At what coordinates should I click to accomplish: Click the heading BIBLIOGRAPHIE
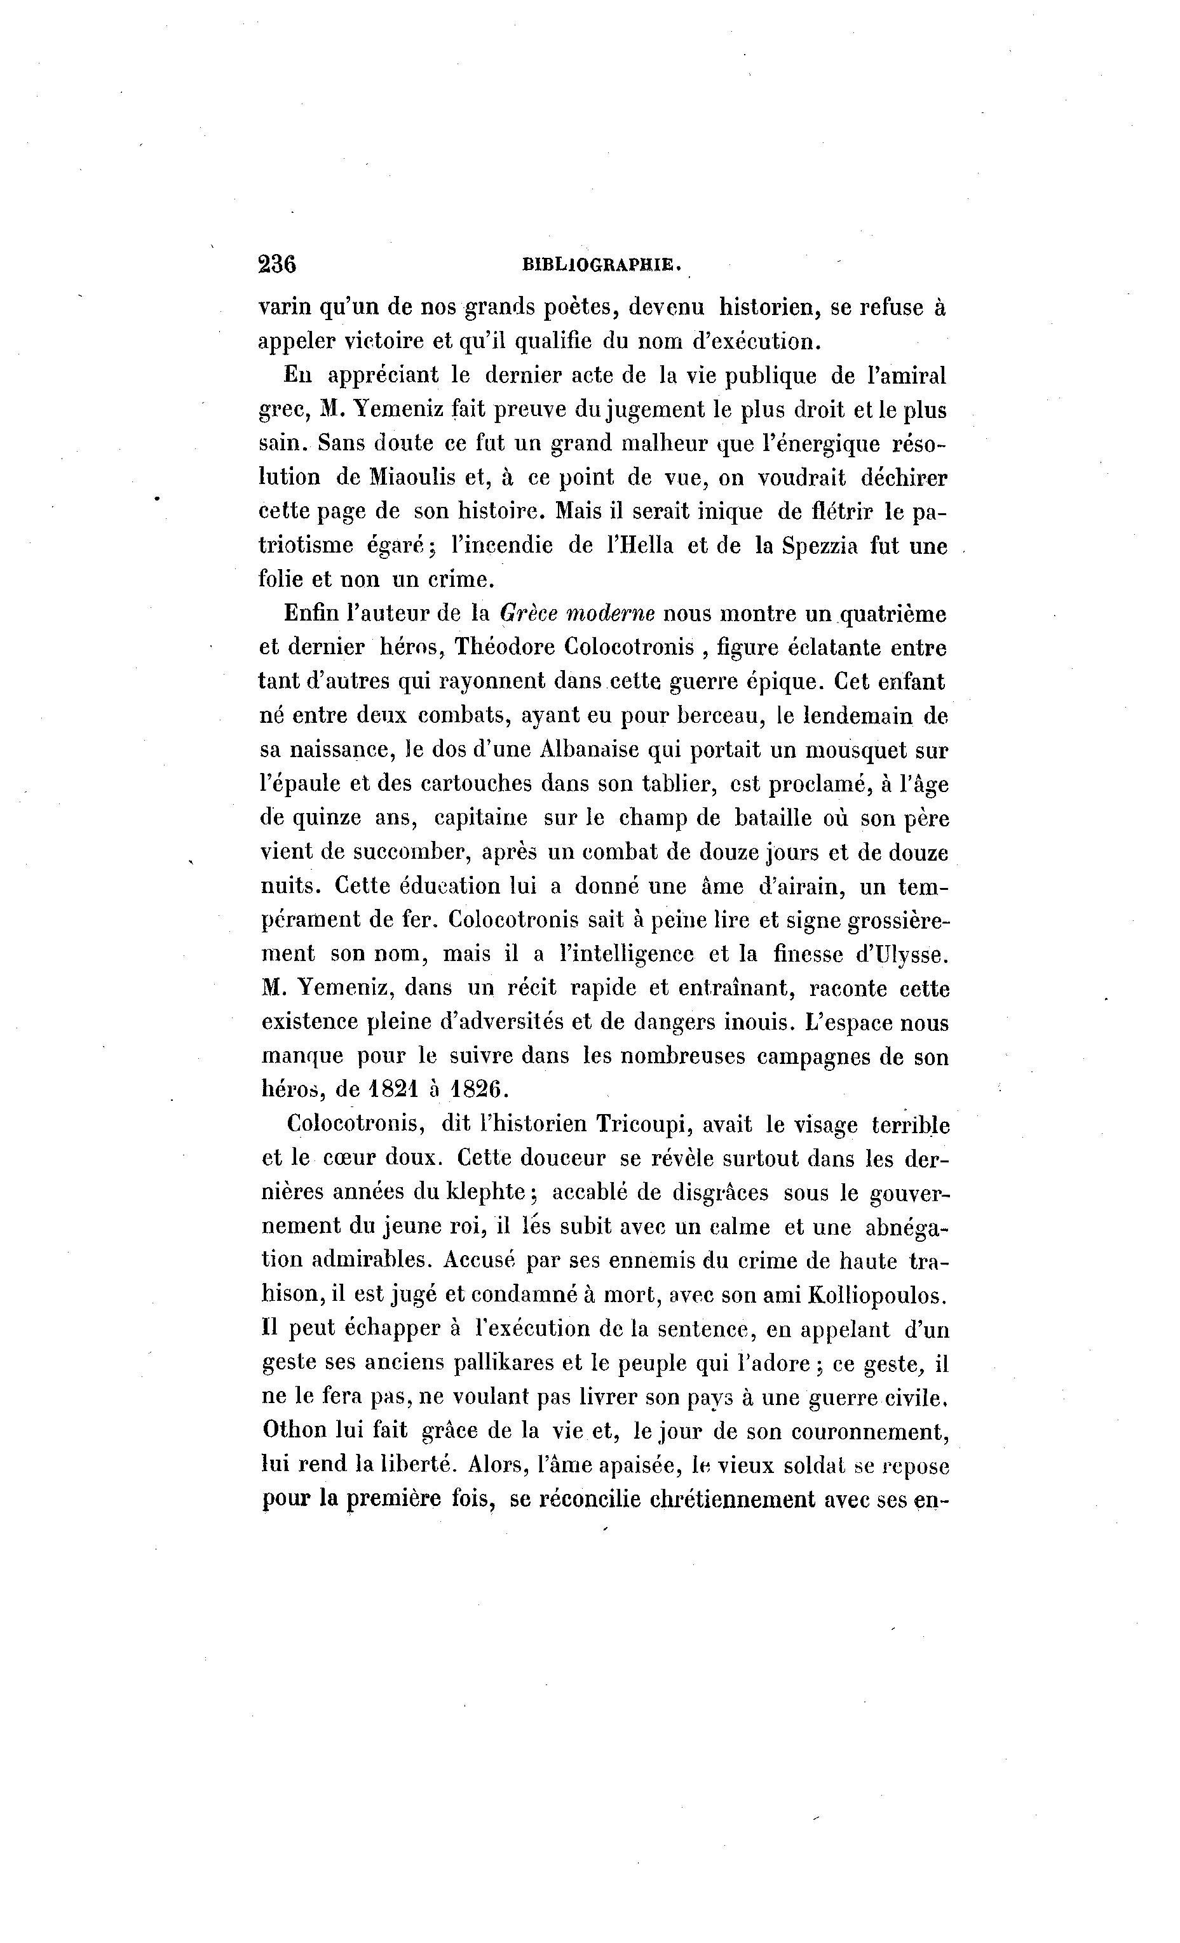tap(602, 265)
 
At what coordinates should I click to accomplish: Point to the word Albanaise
tap(589, 750)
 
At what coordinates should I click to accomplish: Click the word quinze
tap(327, 819)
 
